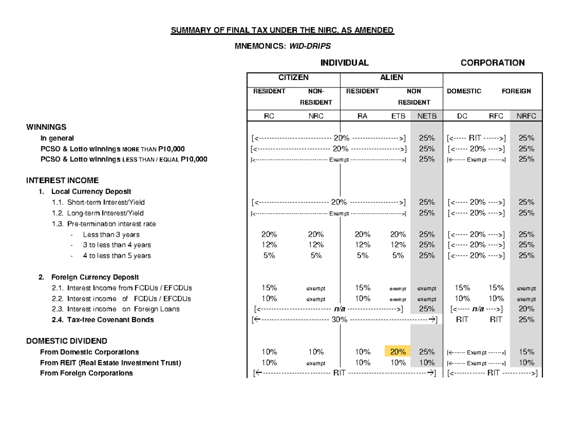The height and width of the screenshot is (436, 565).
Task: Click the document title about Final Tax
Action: tap(282, 31)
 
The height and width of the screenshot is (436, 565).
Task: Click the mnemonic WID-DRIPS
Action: tap(311, 47)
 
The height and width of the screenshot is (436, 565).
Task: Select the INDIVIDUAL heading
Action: tap(344, 63)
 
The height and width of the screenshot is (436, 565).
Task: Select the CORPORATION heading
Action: tap(492, 63)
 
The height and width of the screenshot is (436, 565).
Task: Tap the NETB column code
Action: tap(427, 116)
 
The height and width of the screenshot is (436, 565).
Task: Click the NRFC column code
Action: tap(526, 116)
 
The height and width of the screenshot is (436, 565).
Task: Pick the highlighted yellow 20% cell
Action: tap(397, 352)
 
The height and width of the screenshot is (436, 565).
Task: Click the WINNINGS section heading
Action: tap(46, 127)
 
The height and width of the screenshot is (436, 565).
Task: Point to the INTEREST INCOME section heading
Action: tap(63, 181)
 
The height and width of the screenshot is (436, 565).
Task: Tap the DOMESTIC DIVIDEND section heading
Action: tap(66, 341)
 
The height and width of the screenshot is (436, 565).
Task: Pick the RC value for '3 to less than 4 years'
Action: tap(269, 245)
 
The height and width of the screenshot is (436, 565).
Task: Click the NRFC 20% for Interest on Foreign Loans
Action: tap(526, 309)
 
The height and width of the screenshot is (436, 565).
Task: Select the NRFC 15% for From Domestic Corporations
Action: tap(526, 352)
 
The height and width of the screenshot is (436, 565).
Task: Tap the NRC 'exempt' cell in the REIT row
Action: tap(315, 363)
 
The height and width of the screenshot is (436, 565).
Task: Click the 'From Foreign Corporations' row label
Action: tap(87, 373)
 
